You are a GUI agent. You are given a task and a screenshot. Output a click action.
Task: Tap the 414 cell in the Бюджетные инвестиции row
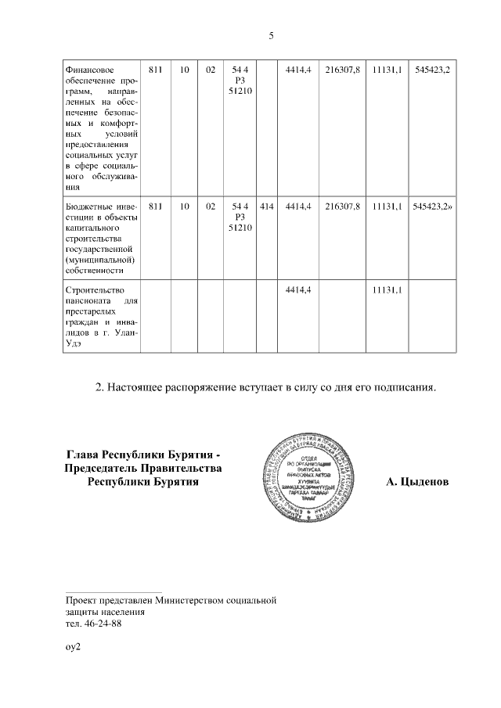tap(266, 207)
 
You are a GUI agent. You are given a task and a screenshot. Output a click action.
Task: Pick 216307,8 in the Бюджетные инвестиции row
tap(342, 207)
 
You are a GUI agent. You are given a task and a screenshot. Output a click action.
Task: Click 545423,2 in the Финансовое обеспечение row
tap(435, 70)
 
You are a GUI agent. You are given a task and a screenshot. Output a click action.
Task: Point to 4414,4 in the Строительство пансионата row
tap(299, 289)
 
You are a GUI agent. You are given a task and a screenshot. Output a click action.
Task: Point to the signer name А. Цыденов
tap(417, 482)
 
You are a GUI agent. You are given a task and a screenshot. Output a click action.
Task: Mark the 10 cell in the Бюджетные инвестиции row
tap(184, 207)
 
